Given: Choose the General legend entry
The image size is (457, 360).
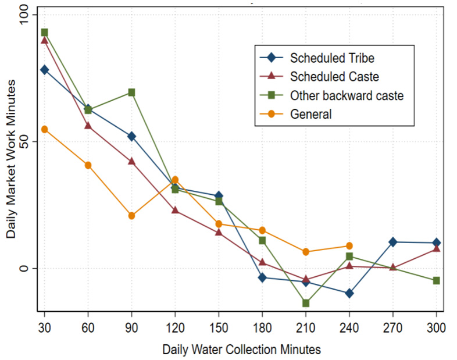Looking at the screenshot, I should [310, 114].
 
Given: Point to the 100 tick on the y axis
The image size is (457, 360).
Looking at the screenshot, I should [25, 14].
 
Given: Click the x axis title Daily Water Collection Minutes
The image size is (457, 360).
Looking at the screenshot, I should [241, 349].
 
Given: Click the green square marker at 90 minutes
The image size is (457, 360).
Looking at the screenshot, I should [131, 92].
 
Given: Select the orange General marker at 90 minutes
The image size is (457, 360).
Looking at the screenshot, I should [131, 216].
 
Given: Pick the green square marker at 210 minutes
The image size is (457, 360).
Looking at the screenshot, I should [306, 303].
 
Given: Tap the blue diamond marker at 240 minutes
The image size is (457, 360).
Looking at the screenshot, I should [349, 293].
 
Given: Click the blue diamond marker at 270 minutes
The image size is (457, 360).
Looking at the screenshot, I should [393, 242].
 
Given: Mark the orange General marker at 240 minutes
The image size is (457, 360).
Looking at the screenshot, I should [349, 246].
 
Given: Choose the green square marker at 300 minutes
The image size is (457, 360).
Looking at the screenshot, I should [436, 280].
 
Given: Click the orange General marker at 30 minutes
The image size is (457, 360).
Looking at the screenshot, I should [44, 129].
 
